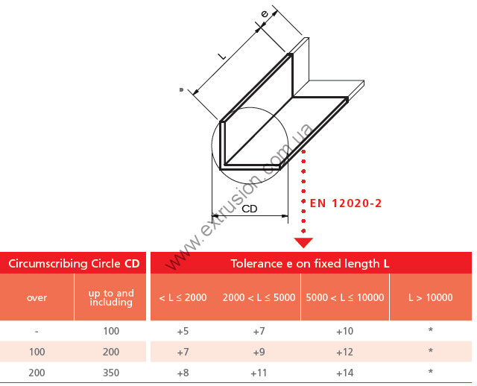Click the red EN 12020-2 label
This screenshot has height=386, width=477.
pyautogui.click(x=346, y=203)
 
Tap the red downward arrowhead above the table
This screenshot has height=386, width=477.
pyautogui.click(x=303, y=243)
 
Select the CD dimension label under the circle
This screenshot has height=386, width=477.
pyautogui.click(x=250, y=209)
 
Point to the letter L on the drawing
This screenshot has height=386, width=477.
pyautogui.click(x=222, y=56)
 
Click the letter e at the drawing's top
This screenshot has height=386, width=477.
pyautogui.click(x=265, y=13)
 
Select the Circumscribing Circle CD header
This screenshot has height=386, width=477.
pyautogui.click(x=74, y=263)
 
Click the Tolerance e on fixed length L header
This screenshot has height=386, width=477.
pyautogui.click(x=310, y=263)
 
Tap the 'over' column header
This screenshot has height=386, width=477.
pyautogui.click(x=37, y=297)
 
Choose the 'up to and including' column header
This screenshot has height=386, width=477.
pyautogui.click(x=111, y=297)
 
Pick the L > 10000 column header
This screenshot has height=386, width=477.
pyautogui.click(x=431, y=297)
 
